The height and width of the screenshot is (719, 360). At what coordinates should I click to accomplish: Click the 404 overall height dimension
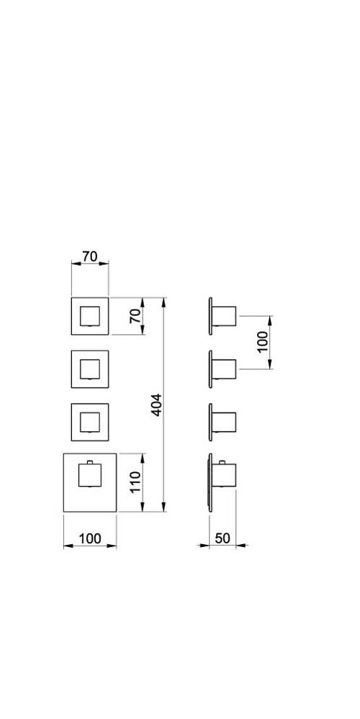157,405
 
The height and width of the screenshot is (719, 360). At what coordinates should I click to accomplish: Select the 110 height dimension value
135,482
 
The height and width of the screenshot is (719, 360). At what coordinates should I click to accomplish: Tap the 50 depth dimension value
222,538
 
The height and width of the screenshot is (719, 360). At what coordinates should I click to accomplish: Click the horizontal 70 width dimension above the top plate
90,256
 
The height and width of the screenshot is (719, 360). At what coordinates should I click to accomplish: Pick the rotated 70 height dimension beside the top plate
136,316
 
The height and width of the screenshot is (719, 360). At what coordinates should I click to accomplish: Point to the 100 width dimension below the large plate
90,538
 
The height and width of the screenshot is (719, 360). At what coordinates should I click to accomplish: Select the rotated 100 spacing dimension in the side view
262,342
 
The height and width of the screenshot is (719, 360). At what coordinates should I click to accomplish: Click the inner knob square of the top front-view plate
90,317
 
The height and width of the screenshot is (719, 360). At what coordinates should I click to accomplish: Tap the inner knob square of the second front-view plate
90,369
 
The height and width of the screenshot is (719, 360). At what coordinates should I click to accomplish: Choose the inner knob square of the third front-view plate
90,422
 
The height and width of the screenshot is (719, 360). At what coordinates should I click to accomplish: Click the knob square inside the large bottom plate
90,475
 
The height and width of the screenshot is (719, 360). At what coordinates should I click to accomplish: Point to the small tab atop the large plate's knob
90,462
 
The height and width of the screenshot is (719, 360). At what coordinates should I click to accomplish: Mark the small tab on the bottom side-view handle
222,462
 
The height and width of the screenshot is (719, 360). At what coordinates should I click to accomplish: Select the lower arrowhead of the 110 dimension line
143,506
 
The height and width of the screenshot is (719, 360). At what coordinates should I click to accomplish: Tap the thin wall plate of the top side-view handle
210,316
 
